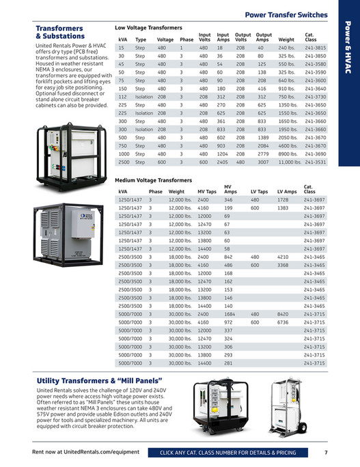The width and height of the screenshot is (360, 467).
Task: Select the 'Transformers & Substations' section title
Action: (59, 32)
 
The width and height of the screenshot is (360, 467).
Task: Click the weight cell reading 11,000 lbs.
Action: (290, 163)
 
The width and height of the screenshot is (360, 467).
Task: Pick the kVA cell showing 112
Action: (122, 96)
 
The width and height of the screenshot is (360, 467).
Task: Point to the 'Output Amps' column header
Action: (263, 37)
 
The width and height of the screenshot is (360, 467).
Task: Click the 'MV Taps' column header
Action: (207, 192)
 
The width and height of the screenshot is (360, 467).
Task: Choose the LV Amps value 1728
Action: (285, 200)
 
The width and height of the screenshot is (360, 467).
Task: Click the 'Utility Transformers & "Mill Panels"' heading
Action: (98, 380)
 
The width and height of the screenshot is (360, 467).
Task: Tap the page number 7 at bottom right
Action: (327, 453)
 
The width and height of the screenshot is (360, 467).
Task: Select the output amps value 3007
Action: (263, 163)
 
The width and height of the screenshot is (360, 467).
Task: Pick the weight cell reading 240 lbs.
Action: (286, 48)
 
